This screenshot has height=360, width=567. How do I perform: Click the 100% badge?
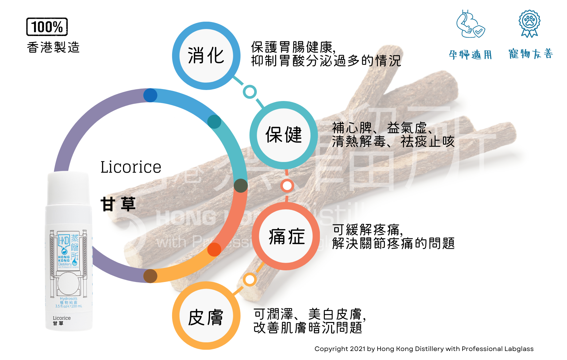[47, 27]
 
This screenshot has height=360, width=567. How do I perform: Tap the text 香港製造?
[53, 47]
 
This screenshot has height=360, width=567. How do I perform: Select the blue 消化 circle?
[206, 56]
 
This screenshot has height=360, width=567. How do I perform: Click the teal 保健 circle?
[283, 135]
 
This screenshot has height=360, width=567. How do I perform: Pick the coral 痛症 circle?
[286, 236]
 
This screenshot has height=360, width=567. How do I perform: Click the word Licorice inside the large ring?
[131, 167]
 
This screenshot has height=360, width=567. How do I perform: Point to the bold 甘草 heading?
[118, 204]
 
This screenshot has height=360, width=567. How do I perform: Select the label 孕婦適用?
[470, 55]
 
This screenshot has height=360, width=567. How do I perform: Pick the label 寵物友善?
[531, 54]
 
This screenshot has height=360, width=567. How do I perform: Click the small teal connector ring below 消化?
[249, 92]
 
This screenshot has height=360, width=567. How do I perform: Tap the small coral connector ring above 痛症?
[287, 186]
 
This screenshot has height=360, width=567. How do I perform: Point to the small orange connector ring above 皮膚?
[249, 280]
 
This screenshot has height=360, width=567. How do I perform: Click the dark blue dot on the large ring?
[150, 95]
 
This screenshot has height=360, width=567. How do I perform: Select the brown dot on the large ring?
[150, 276]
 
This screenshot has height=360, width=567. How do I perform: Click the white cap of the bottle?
[68, 188]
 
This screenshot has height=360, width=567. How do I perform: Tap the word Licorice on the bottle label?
[62, 318]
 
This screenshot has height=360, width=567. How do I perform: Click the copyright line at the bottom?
[424, 349]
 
